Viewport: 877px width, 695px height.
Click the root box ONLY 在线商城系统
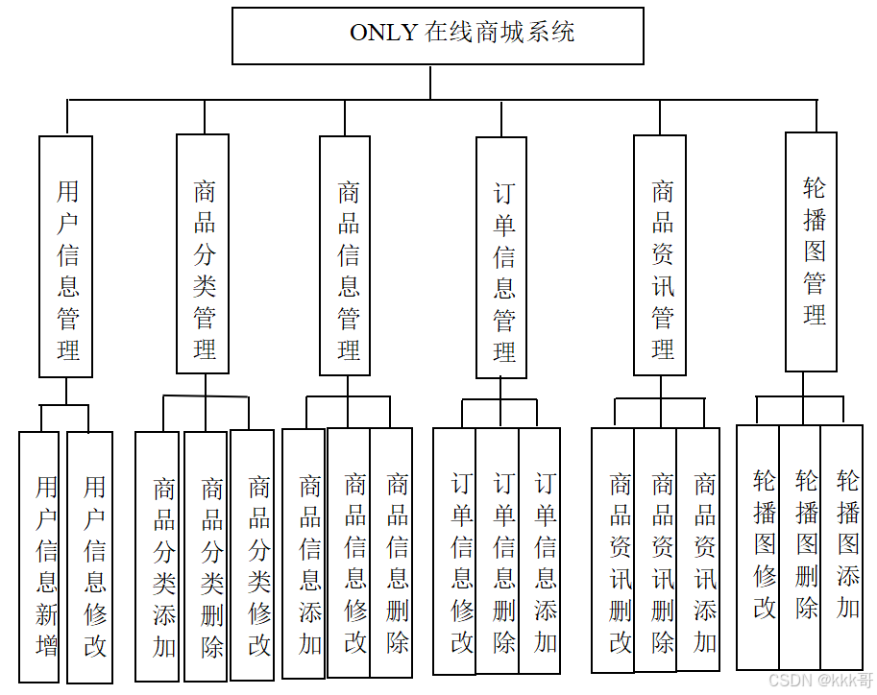pyautogui.click(x=438, y=36)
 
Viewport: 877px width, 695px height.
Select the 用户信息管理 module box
pyautogui.click(x=66, y=256)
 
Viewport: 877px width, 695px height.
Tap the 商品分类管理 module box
pyautogui.click(x=203, y=253)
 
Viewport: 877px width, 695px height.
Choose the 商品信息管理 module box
pyautogui.click(x=345, y=256)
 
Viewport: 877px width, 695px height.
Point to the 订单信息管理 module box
pyautogui.click(x=501, y=257)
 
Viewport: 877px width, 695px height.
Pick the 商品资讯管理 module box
pyautogui.click(x=660, y=254)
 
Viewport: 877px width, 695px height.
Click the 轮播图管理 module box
pyautogui.click(x=811, y=252)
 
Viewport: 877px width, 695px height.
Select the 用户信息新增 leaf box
pyautogui.click(x=39, y=557)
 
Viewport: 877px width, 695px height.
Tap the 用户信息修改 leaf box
pyautogui.click(x=89, y=557)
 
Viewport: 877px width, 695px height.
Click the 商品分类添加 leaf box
pyautogui.click(x=158, y=556)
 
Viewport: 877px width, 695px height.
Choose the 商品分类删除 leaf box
pyautogui.click(x=206, y=556)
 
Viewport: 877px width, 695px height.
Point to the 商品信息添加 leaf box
pyautogui.click(x=305, y=553)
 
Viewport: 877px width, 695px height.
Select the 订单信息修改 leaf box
pyautogui.click(x=454, y=551)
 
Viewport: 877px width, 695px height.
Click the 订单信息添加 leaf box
pyautogui.click(x=540, y=550)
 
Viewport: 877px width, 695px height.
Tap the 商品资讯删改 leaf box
pyautogui.click(x=613, y=550)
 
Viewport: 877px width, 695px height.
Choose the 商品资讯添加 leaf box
pyautogui.click(x=698, y=549)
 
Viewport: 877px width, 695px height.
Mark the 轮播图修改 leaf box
pyautogui.click(x=758, y=546)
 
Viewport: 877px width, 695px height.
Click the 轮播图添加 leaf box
pyautogui.click(x=842, y=546)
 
